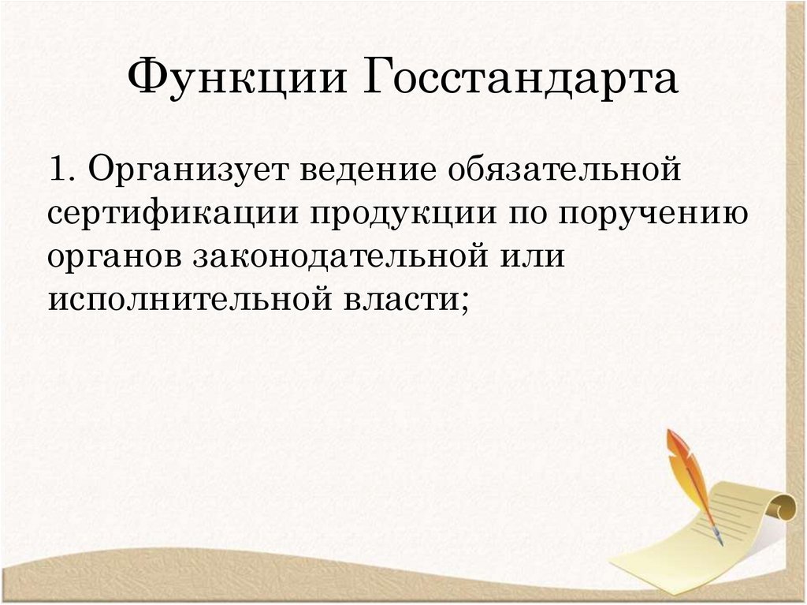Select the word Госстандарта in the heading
(x=521, y=80)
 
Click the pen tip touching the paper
(x=719, y=541)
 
